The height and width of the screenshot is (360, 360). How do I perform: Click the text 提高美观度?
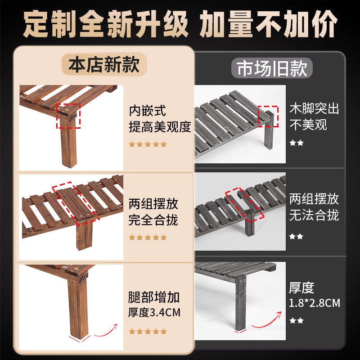(x=160, y=126)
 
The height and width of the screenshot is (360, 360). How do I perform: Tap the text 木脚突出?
(x=314, y=108)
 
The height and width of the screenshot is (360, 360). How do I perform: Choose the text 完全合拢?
(x=153, y=220)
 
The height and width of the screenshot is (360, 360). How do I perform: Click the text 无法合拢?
(x=314, y=215)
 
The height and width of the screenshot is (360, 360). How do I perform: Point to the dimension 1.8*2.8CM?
(x=314, y=303)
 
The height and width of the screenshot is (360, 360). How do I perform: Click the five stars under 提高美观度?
(x=148, y=144)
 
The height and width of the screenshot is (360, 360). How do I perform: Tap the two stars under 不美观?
(x=297, y=143)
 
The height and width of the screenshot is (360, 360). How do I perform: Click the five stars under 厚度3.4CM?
(x=148, y=332)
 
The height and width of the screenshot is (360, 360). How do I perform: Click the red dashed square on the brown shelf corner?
(x=68, y=116)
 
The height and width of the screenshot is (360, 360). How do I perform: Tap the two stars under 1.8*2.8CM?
(x=297, y=320)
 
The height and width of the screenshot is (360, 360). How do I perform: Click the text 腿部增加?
(x=154, y=297)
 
